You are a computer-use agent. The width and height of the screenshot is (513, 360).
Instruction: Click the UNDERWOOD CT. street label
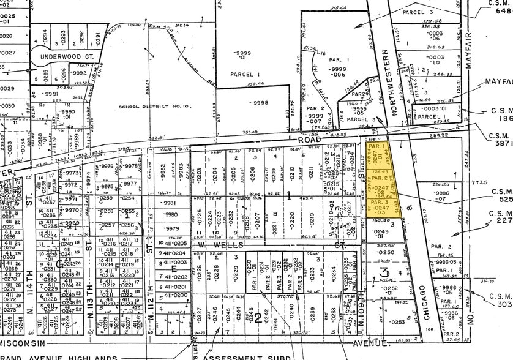click(x=67, y=56)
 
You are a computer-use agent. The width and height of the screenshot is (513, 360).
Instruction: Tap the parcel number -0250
click(x=387, y=252)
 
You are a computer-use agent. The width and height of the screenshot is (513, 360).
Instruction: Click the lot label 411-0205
click(x=174, y=243)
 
